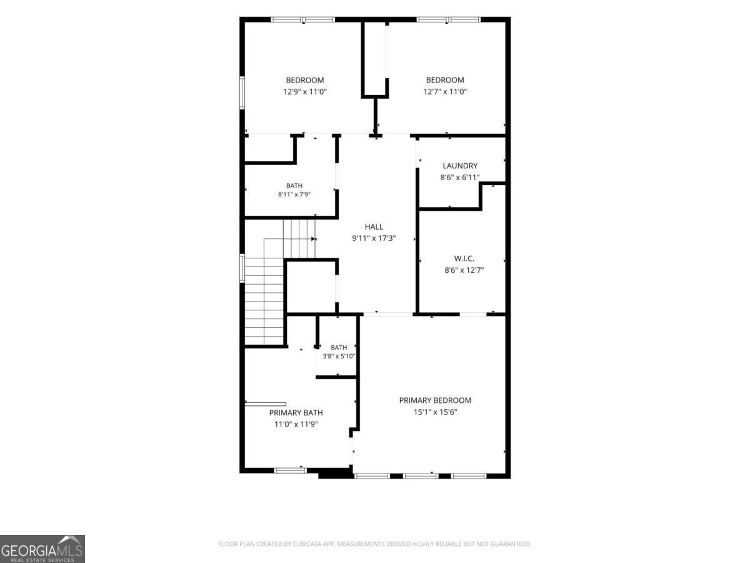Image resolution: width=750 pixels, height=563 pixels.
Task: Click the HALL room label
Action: point(374,226)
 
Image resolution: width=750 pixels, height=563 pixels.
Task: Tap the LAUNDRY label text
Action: point(460,166)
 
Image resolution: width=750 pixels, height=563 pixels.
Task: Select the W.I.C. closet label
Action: point(464,258)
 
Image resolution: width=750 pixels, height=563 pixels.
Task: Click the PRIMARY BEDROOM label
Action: point(435,400)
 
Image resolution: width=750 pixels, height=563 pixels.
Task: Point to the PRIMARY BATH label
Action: point(296,413)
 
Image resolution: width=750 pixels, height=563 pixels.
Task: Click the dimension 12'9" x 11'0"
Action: point(305,91)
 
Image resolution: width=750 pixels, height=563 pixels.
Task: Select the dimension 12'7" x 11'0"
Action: point(445,91)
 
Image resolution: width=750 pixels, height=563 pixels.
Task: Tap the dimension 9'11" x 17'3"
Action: point(374,238)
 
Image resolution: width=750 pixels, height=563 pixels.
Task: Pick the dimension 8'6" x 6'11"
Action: point(460,178)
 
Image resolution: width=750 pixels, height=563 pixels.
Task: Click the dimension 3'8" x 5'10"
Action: point(339,356)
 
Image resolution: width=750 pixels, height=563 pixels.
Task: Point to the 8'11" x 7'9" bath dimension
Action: point(294,195)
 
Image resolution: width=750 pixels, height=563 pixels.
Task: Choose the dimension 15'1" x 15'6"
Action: point(435,412)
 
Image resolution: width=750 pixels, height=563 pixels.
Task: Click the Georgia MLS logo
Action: point(42,549)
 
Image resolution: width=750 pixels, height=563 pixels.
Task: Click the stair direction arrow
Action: point(313,239)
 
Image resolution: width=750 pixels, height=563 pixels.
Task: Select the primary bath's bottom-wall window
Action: point(291,470)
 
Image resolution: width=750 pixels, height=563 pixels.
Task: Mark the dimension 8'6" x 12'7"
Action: point(464,270)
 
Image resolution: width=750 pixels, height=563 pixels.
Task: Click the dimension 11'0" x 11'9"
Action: point(296,424)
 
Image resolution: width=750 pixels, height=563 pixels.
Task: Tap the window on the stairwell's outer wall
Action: point(242,268)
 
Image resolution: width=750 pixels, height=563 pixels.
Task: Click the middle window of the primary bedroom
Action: point(420,475)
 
